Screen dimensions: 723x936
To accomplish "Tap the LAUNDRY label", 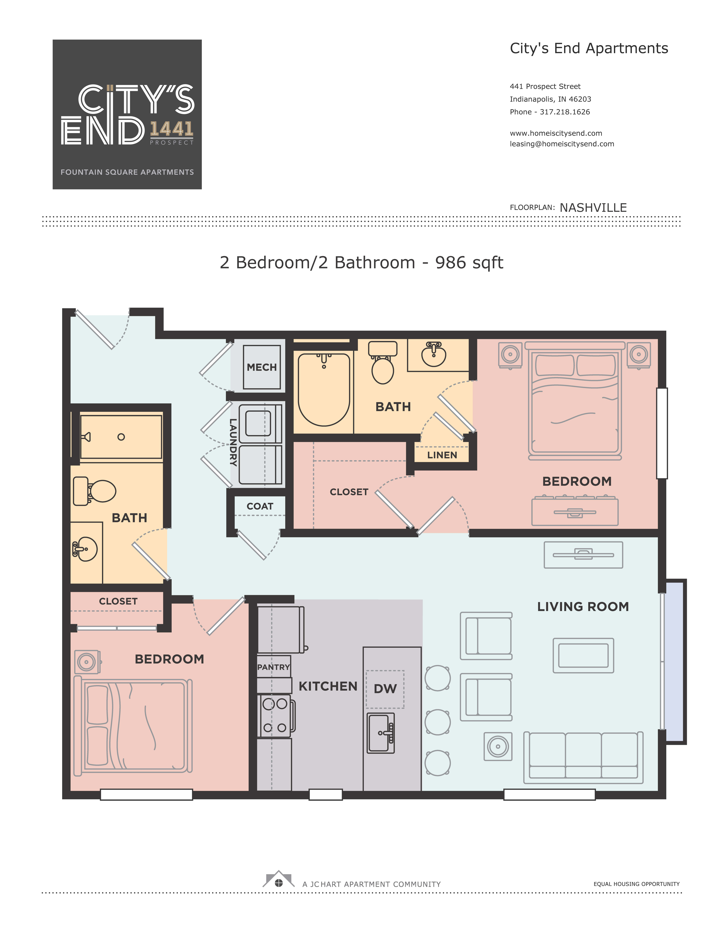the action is (233, 442).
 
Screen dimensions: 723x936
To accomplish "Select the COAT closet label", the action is (260, 506).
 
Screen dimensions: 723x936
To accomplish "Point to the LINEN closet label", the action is (442, 455).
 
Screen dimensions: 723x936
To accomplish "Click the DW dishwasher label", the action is (385, 689).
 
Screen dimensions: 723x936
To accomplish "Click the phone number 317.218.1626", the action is (565, 112).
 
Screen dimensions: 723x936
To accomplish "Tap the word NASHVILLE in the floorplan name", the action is (593, 208).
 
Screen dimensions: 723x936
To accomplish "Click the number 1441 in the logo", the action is (171, 129).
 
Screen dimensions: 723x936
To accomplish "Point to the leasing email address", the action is (562, 144).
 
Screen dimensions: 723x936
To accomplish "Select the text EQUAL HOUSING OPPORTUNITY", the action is (636, 884).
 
